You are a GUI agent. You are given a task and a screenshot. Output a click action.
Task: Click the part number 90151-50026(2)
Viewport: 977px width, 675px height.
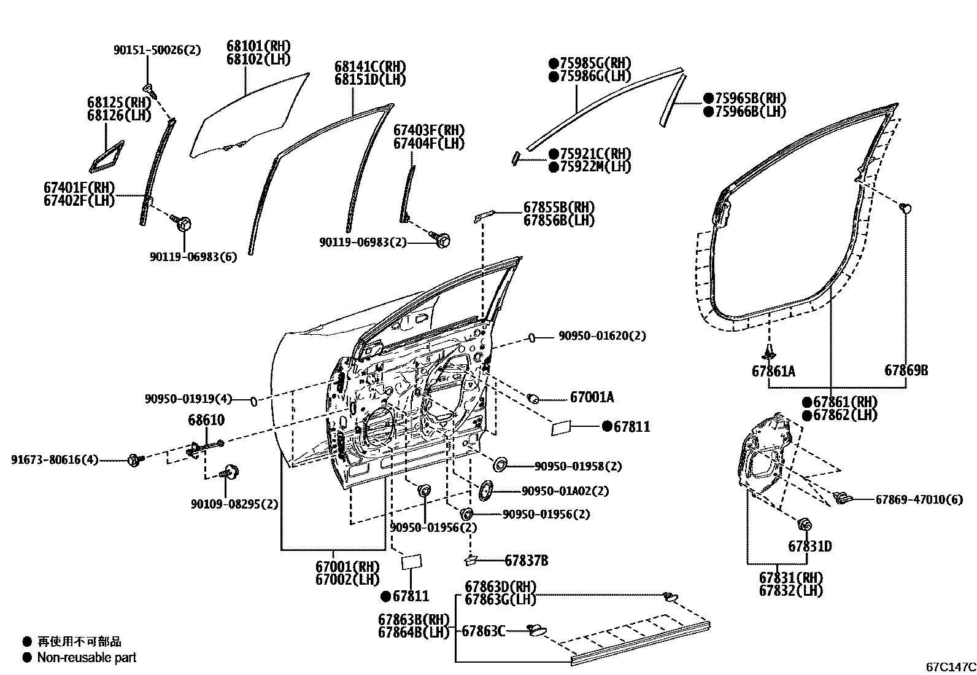point(157,50)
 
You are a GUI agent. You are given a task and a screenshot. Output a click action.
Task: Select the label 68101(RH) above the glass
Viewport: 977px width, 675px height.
point(258,47)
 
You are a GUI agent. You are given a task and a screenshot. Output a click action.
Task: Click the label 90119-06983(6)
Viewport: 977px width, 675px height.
point(193,257)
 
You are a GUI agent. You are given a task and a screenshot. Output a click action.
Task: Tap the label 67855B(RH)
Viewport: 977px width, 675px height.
point(558,208)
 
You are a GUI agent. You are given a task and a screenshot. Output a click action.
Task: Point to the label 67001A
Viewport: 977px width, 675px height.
point(592,398)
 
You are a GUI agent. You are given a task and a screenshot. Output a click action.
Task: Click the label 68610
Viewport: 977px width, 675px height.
point(206,421)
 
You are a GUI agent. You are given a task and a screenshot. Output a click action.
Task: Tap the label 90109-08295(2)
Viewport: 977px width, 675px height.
point(234,504)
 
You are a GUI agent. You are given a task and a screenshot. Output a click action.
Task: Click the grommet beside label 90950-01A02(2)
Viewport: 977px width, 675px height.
point(487,490)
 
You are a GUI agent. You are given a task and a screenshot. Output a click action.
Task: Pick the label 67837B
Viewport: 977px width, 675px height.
point(527,560)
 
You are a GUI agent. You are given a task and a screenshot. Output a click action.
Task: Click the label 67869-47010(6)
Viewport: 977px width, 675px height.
point(919,499)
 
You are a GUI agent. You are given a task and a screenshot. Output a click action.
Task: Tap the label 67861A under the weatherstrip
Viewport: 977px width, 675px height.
point(773,371)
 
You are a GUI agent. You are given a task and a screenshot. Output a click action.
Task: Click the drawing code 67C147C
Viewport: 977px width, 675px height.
point(951,666)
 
